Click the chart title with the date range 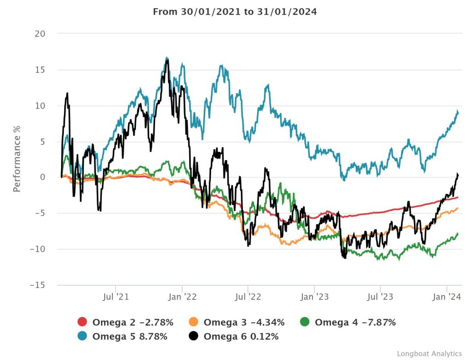point(235,12)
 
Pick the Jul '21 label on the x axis point(116,297)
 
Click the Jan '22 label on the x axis point(183,297)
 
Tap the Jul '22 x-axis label point(248,297)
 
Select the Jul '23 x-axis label point(380,297)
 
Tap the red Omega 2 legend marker point(83,322)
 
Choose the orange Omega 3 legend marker point(194,322)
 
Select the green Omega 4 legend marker point(305,322)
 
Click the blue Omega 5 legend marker point(83,337)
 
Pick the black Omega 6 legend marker point(194,337)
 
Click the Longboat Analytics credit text point(429,354)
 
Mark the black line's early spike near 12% point(67,94)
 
